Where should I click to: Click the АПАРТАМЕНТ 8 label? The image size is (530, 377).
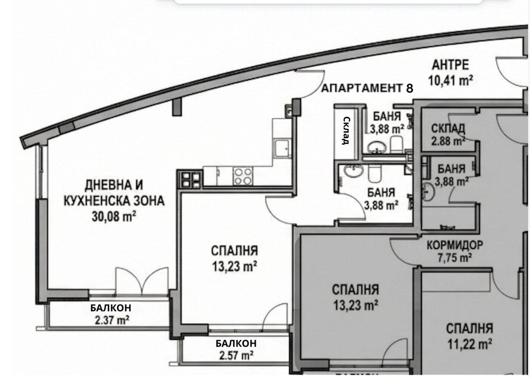click(367, 88)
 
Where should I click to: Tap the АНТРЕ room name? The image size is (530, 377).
click(450, 65)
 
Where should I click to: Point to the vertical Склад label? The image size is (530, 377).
click(346, 130)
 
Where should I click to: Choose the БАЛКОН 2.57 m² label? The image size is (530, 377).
click(236, 349)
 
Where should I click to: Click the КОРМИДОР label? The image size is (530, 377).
click(454, 245)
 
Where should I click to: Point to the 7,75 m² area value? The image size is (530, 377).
click(454, 258)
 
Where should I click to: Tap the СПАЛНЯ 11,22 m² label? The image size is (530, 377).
click(469, 336)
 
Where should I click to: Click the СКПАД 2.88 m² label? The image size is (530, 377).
click(448, 134)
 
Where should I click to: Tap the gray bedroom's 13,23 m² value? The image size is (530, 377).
click(355, 305)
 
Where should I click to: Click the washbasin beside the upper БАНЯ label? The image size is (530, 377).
click(378, 147)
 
